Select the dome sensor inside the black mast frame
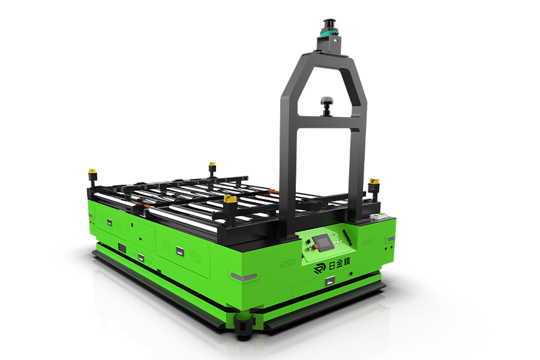click(327, 105)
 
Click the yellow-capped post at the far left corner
click(92, 176)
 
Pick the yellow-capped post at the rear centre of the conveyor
click(212, 169)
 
